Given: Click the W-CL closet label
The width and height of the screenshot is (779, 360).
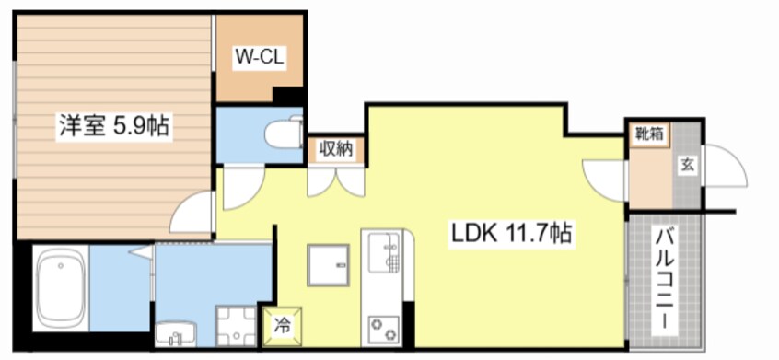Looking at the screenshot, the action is [x=259, y=58].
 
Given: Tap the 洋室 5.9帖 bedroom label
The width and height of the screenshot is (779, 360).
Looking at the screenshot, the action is [x=114, y=125].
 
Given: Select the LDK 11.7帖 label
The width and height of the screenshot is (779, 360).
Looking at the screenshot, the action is [x=512, y=233].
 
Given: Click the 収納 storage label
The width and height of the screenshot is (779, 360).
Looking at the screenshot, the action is [x=336, y=149].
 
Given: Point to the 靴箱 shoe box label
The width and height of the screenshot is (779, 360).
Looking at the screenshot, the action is [x=650, y=134].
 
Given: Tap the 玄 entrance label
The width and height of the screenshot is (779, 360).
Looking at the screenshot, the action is [x=687, y=166].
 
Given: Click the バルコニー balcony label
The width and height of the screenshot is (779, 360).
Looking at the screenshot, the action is [x=665, y=282].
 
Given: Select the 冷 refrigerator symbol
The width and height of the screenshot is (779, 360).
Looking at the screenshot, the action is [x=282, y=325].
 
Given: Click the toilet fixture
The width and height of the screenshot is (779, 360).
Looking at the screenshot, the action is [x=284, y=132].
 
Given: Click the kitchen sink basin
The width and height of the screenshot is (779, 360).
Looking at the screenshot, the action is [x=384, y=254].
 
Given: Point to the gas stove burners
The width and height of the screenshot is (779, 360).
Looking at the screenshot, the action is [x=384, y=330].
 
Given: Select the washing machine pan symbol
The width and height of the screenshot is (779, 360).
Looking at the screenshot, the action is [x=236, y=326].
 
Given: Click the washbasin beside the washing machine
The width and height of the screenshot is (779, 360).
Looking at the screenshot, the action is [x=176, y=334].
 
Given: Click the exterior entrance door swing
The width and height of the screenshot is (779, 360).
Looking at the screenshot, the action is [x=725, y=166].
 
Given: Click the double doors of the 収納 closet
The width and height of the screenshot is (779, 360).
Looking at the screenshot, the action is [x=336, y=182].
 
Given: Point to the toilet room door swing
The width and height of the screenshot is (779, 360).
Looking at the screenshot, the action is [x=243, y=188].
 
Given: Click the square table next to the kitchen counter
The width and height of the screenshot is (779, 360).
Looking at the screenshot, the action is [x=328, y=265].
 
